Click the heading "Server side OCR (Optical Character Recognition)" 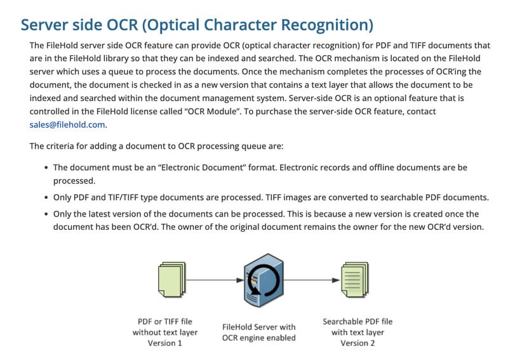[197, 25]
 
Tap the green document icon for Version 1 [170, 279]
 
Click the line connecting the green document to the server [213, 279]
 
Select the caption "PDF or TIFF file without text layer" [165, 326]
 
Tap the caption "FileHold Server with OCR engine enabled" [259, 332]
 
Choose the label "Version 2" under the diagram [358, 343]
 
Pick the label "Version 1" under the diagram [165, 343]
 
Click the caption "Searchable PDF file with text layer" [358, 326]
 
